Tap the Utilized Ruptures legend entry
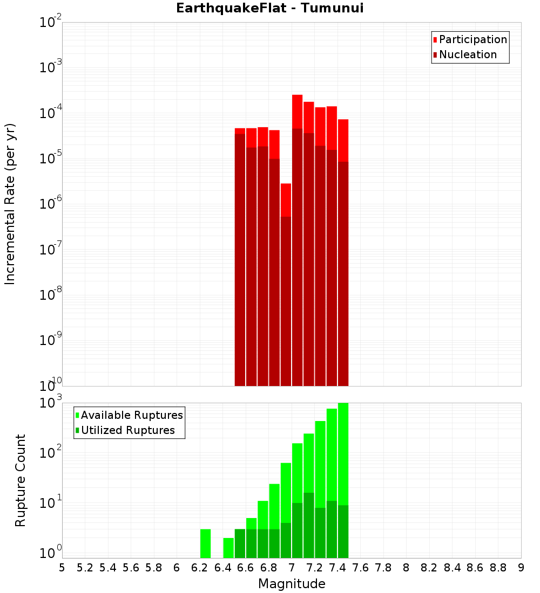click(127, 430)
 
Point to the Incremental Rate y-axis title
click(10, 204)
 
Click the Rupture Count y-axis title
click(21, 480)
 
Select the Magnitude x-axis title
click(292, 584)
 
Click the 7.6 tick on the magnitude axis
click(361, 568)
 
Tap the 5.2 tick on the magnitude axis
click(85, 568)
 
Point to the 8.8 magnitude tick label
click(498, 568)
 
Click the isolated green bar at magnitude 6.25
click(205, 543)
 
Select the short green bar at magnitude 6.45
click(228, 548)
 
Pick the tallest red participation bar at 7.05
click(297, 112)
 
